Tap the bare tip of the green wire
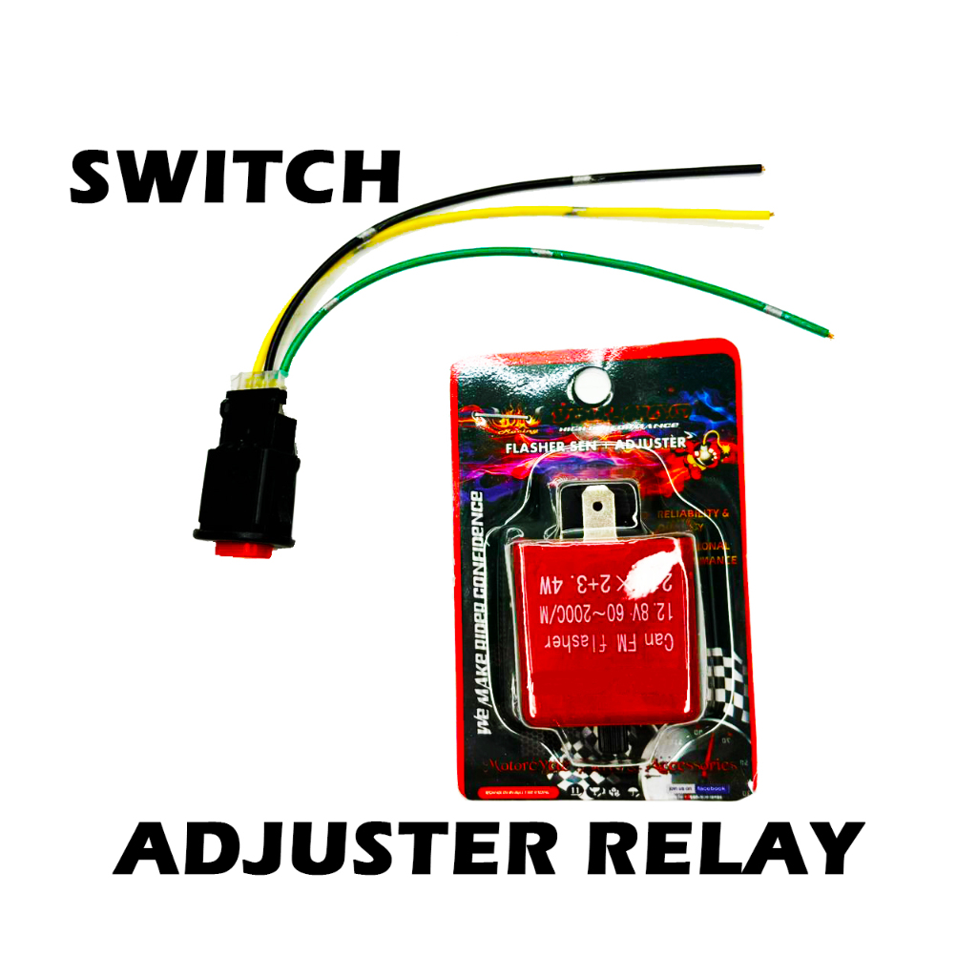click(x=832, y=334)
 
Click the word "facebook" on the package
click(x=710, y=789)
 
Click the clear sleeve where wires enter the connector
click(x=264, y=379)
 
